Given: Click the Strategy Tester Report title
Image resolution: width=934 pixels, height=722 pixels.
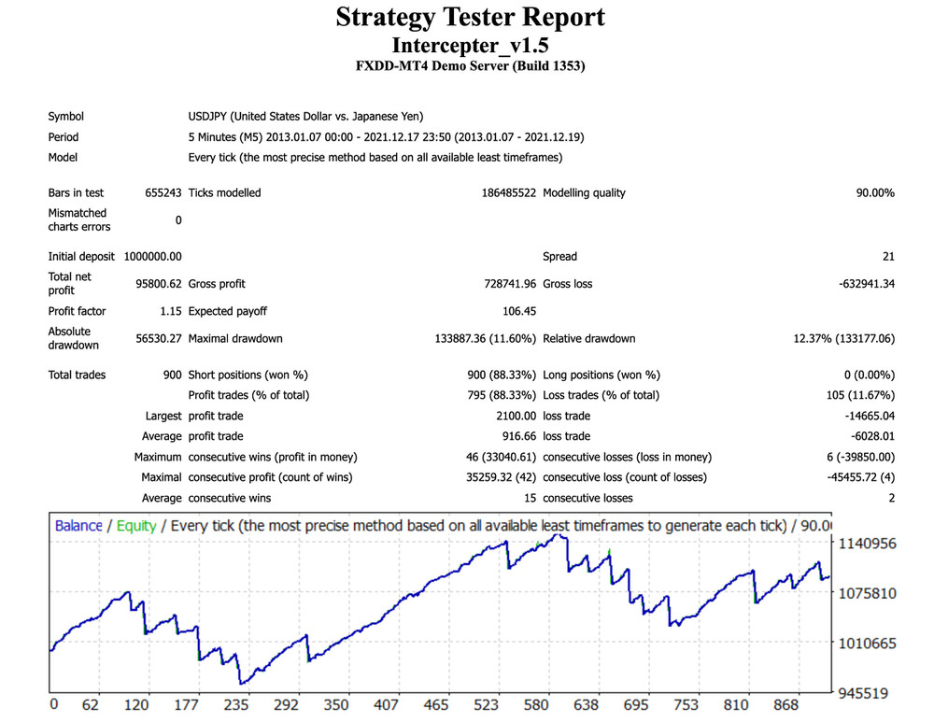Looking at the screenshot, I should point(470,18).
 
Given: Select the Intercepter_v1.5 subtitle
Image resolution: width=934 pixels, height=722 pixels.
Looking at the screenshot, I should point(470,45).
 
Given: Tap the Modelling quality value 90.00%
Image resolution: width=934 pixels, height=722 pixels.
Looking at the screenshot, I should point(875,193).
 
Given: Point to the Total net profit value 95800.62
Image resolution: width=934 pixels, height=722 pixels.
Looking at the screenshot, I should point(158,283).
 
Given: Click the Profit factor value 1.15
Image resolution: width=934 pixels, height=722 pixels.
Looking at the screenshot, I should point(171,311).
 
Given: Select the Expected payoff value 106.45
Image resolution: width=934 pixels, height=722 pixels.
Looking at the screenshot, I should point(519,311).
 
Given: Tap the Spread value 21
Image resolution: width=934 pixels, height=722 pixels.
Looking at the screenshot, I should point(888,257).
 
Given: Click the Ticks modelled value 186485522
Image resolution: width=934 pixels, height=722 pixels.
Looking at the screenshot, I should point(505,193).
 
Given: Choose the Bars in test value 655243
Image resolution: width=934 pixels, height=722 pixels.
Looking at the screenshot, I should point(163,193).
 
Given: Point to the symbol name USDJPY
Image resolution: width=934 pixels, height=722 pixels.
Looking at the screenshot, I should point(208,117).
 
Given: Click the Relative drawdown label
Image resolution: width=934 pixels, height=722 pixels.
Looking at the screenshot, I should point(588,338).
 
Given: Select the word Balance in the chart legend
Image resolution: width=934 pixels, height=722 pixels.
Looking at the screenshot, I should point(78,526).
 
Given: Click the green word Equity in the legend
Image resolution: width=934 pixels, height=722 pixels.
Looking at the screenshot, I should point(136,526).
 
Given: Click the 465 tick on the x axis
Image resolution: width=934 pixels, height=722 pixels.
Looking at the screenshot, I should point(434,704).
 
